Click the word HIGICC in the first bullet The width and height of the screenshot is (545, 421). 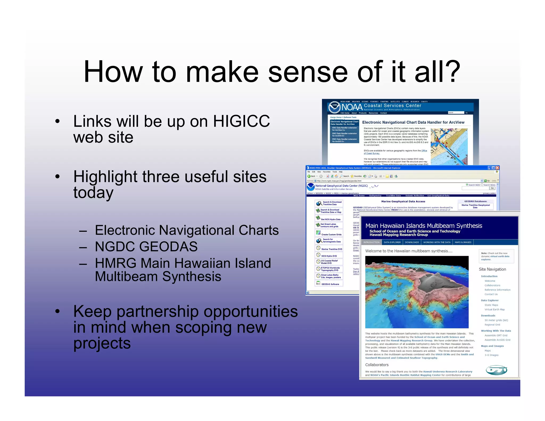[x=241, y=121]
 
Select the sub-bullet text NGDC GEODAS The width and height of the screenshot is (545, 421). [x=146, y=246]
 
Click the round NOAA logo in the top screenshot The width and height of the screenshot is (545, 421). [x=334, y=107]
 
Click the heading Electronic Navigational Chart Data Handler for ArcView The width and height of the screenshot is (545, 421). [x=413, y=122]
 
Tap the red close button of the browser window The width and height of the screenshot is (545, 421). [x=497, y=168]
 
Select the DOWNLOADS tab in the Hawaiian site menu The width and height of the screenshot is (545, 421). [x=412, y=242]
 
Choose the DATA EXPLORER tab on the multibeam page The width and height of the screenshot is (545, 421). [x=392, y=242]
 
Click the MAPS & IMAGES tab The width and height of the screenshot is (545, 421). [x=463, y=242]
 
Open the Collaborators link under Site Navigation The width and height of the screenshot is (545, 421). [x=492, y=285]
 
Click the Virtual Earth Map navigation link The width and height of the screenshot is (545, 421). [x=494, y=309]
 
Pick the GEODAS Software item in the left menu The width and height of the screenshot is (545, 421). [x=330, y=284]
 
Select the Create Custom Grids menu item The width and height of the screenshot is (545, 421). [x=331, y=234]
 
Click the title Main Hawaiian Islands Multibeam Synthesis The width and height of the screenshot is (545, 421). [x=424, y=226]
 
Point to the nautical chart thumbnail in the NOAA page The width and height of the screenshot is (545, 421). [x=449, y=146]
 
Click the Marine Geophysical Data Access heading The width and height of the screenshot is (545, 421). [x=403, y=201]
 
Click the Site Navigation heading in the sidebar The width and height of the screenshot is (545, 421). [x=492, y=269]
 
